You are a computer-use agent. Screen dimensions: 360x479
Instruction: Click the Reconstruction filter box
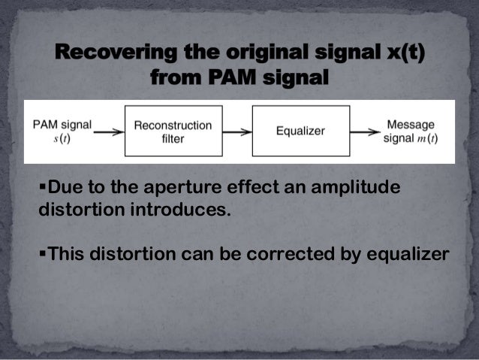[173, 131]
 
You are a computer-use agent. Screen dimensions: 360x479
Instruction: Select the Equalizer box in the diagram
[300, 131]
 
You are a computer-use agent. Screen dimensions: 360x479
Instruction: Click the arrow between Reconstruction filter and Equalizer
[236, 131]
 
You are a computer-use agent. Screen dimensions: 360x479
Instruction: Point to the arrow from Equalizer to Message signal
[365, 131]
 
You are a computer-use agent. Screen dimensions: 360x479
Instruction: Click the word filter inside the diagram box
[173, 139]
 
